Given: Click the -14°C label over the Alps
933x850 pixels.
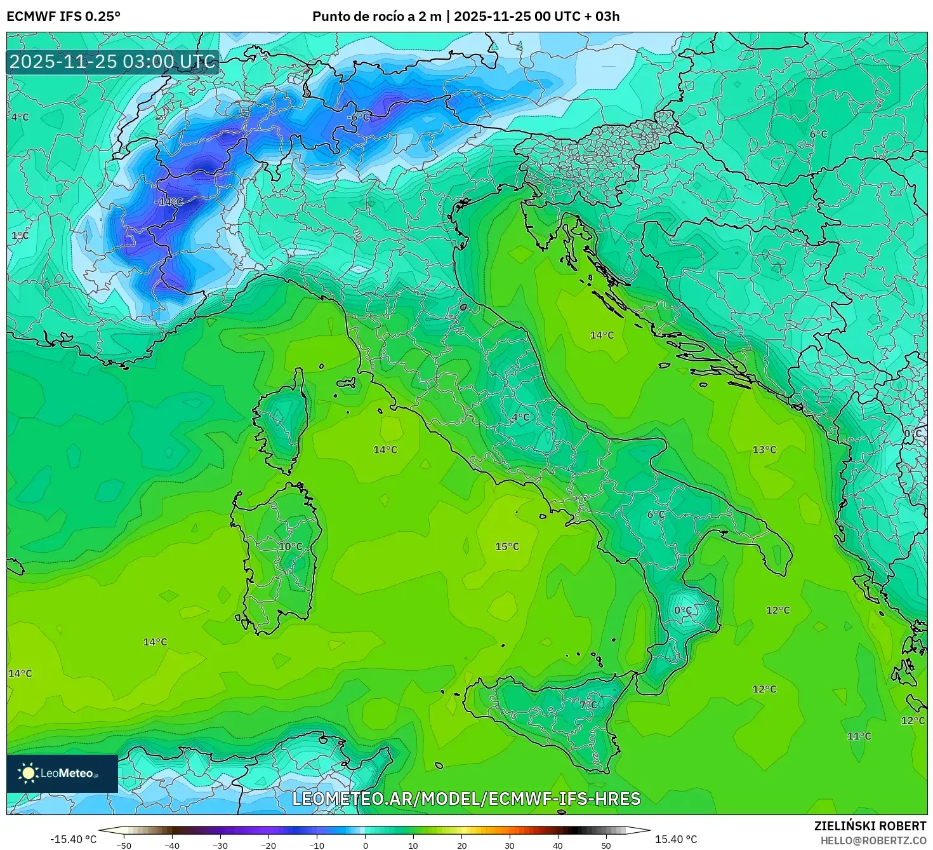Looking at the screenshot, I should (169, 202).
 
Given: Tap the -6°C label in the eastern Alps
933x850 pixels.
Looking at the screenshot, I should (359, 118).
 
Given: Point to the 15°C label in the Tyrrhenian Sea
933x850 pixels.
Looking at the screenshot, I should (507, 546).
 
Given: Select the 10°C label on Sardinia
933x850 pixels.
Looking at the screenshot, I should (291, 546).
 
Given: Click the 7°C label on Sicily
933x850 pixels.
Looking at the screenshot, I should (588, 705).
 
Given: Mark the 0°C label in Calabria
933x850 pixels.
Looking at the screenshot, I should (683, 611).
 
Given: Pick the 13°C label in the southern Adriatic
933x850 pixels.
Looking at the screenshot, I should (764, 450).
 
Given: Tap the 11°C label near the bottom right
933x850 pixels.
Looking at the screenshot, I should (859, 736).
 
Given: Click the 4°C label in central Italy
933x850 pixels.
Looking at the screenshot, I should (520, 417).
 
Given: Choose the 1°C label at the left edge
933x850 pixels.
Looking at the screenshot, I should (20, 236).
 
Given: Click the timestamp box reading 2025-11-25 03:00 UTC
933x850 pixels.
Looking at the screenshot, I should (113, 62).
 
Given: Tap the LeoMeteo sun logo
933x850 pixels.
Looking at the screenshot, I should (28, 773).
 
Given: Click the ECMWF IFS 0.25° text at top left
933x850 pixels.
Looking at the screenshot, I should (63, 17).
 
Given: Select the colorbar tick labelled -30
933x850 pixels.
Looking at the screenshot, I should (220, 845).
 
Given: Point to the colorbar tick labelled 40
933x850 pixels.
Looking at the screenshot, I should (558, 845).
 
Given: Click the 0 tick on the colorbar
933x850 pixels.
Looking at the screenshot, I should (365, 845).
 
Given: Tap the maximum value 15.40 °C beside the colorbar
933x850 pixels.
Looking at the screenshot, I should (676, 839).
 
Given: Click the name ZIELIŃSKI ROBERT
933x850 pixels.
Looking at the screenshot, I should (870, 826).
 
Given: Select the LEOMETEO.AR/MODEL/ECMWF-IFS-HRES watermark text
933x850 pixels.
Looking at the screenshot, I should (466, 799).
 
